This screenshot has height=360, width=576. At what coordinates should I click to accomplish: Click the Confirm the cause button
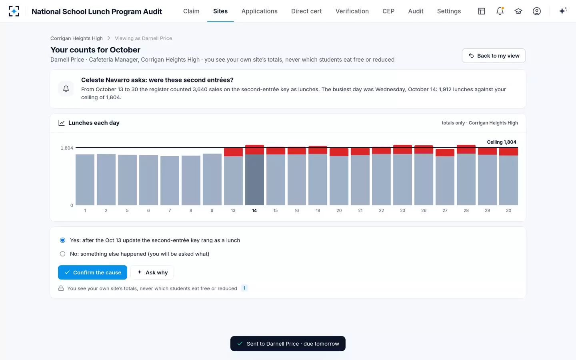click(x=92, y=272)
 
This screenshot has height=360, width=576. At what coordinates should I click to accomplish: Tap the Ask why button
click(x=152, y=272)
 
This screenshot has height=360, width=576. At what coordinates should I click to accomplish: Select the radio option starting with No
click(x=62, y=254)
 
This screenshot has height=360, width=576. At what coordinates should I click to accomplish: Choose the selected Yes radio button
click(x=62, y=240)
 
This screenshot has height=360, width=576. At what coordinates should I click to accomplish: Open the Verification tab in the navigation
click(x=352, y=11)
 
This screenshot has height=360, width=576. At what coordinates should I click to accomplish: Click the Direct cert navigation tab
click(x=306, y=11)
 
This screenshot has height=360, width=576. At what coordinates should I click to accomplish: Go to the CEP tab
click(x=388, y=11)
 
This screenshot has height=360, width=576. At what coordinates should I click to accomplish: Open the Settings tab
click(x=449, y=11)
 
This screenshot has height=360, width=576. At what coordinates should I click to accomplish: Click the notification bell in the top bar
click(x=500, y=11)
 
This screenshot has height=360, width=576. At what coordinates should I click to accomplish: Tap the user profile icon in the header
click(x=537, y=11)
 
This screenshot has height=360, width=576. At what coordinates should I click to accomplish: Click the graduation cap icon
click(x=518, y=11)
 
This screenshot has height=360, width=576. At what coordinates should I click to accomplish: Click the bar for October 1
click(x=85, y=180)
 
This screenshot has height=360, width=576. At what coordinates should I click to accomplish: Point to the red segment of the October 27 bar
click(x=445, y=152)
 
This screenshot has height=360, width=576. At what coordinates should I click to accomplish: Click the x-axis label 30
click(x=508, y=210)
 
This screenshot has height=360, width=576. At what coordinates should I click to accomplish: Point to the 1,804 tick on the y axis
click(x=67, y=148)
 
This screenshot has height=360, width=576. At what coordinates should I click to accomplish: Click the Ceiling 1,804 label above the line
click(x=502, y=142)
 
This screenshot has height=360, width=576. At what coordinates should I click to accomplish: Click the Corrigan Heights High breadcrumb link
click(x=76, y=38)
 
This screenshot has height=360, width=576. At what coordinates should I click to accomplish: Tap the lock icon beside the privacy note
click(x=61, y=288)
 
